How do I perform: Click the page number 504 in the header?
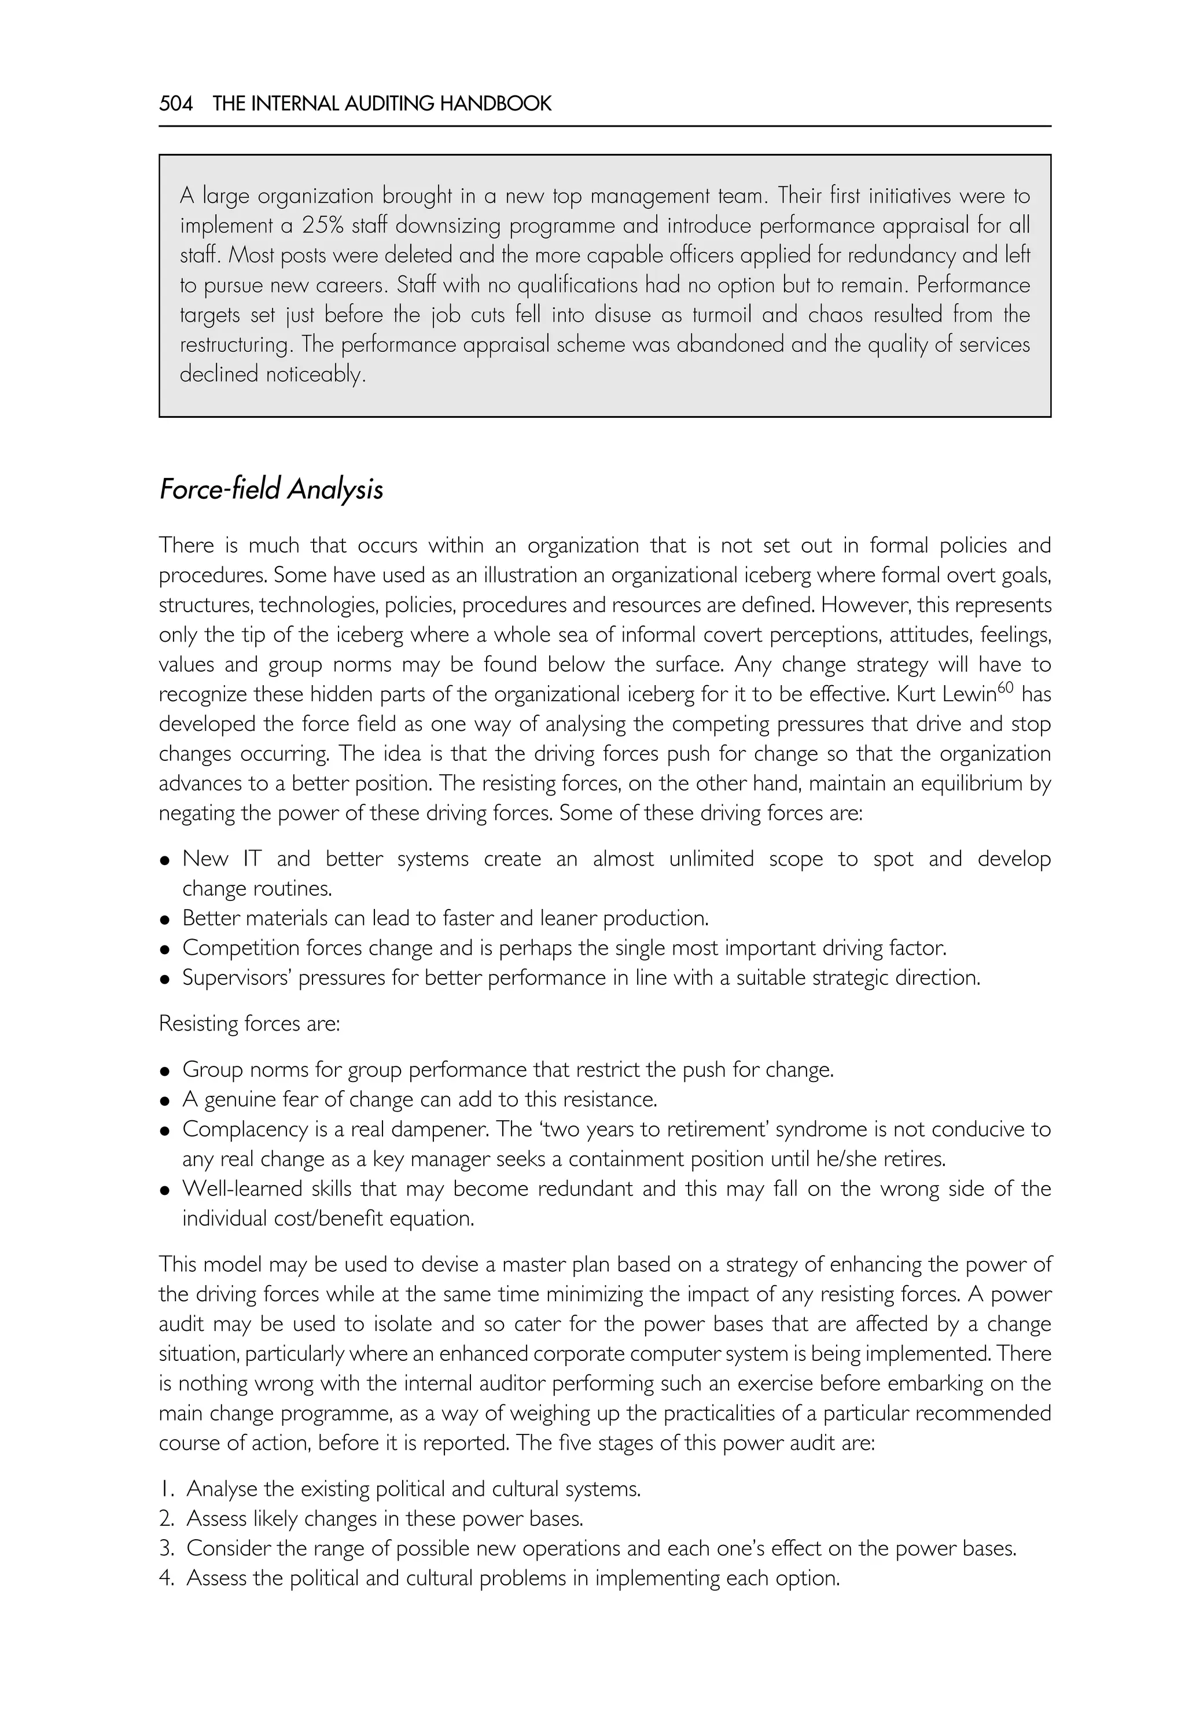pyautogui.click(x=176, y=104)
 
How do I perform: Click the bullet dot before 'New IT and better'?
pyautogui.click(x=165, y=860)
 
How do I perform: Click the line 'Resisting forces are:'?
pyautogui.click(x=249, y=1024)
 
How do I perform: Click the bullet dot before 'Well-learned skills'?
pyautogui.click(x=165, y=1190)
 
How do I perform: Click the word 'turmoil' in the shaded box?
pyautogui.click(x=722, y=315)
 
